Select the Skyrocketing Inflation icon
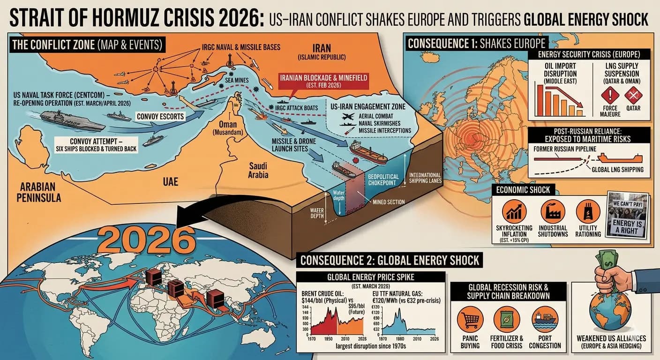tap(514, 211)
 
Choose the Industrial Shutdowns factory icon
tap(552, 211)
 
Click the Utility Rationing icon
tap(588, 211)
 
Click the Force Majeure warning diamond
tap(610, 96)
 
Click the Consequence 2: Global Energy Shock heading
tap(390, 260)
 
